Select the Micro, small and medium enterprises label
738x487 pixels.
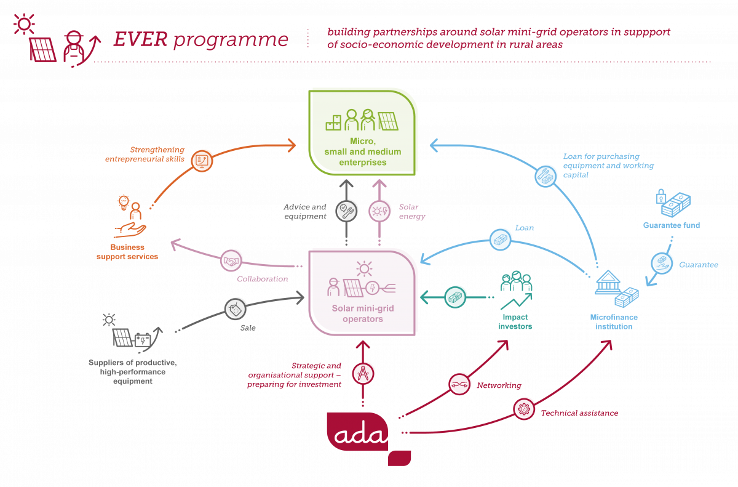[363, 152]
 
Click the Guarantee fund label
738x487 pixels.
[672, 225]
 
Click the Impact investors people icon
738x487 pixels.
[516, 282]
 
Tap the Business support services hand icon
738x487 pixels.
[130, 230]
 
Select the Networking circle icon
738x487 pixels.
[459, 384]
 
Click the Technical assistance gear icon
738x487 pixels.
[525, 408]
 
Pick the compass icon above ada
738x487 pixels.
[362, 374]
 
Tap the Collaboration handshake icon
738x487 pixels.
[231, 260]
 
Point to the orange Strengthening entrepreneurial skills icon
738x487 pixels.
[202, 160]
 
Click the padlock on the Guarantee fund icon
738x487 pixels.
[661, 196]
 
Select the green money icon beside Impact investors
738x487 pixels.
[456, 297]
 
